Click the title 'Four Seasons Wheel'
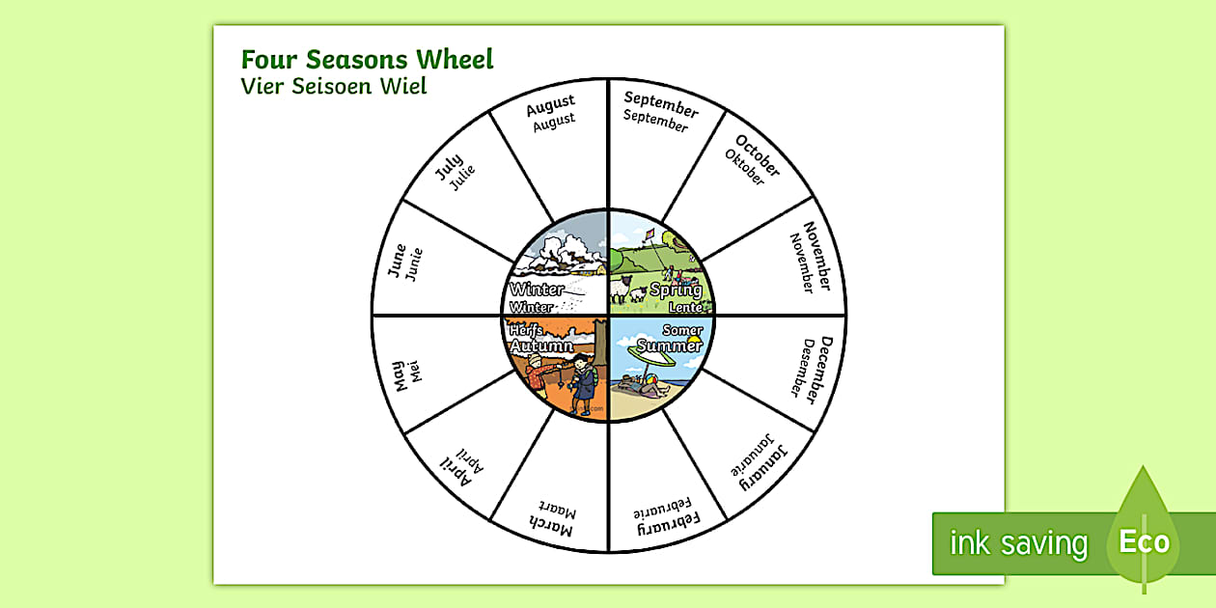pos(367,59)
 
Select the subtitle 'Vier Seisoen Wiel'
pos(334,86)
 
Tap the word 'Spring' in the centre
pos(676,290)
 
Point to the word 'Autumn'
pos(541,345)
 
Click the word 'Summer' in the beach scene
pos(671,345)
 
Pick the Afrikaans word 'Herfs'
pos(526,330)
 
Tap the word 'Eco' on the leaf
pos(1144,541)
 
